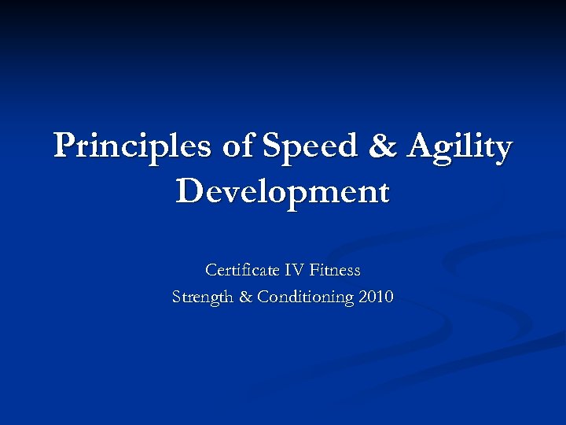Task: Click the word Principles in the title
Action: pos(130,147)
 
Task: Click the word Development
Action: pos(283,191)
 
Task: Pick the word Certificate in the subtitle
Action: pos(242,270)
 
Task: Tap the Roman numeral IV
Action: pos(294,270)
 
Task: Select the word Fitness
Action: pos(335,270)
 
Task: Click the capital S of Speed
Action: pos(272,146)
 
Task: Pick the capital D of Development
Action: pos(189,190)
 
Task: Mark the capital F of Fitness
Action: pos(314,270)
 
